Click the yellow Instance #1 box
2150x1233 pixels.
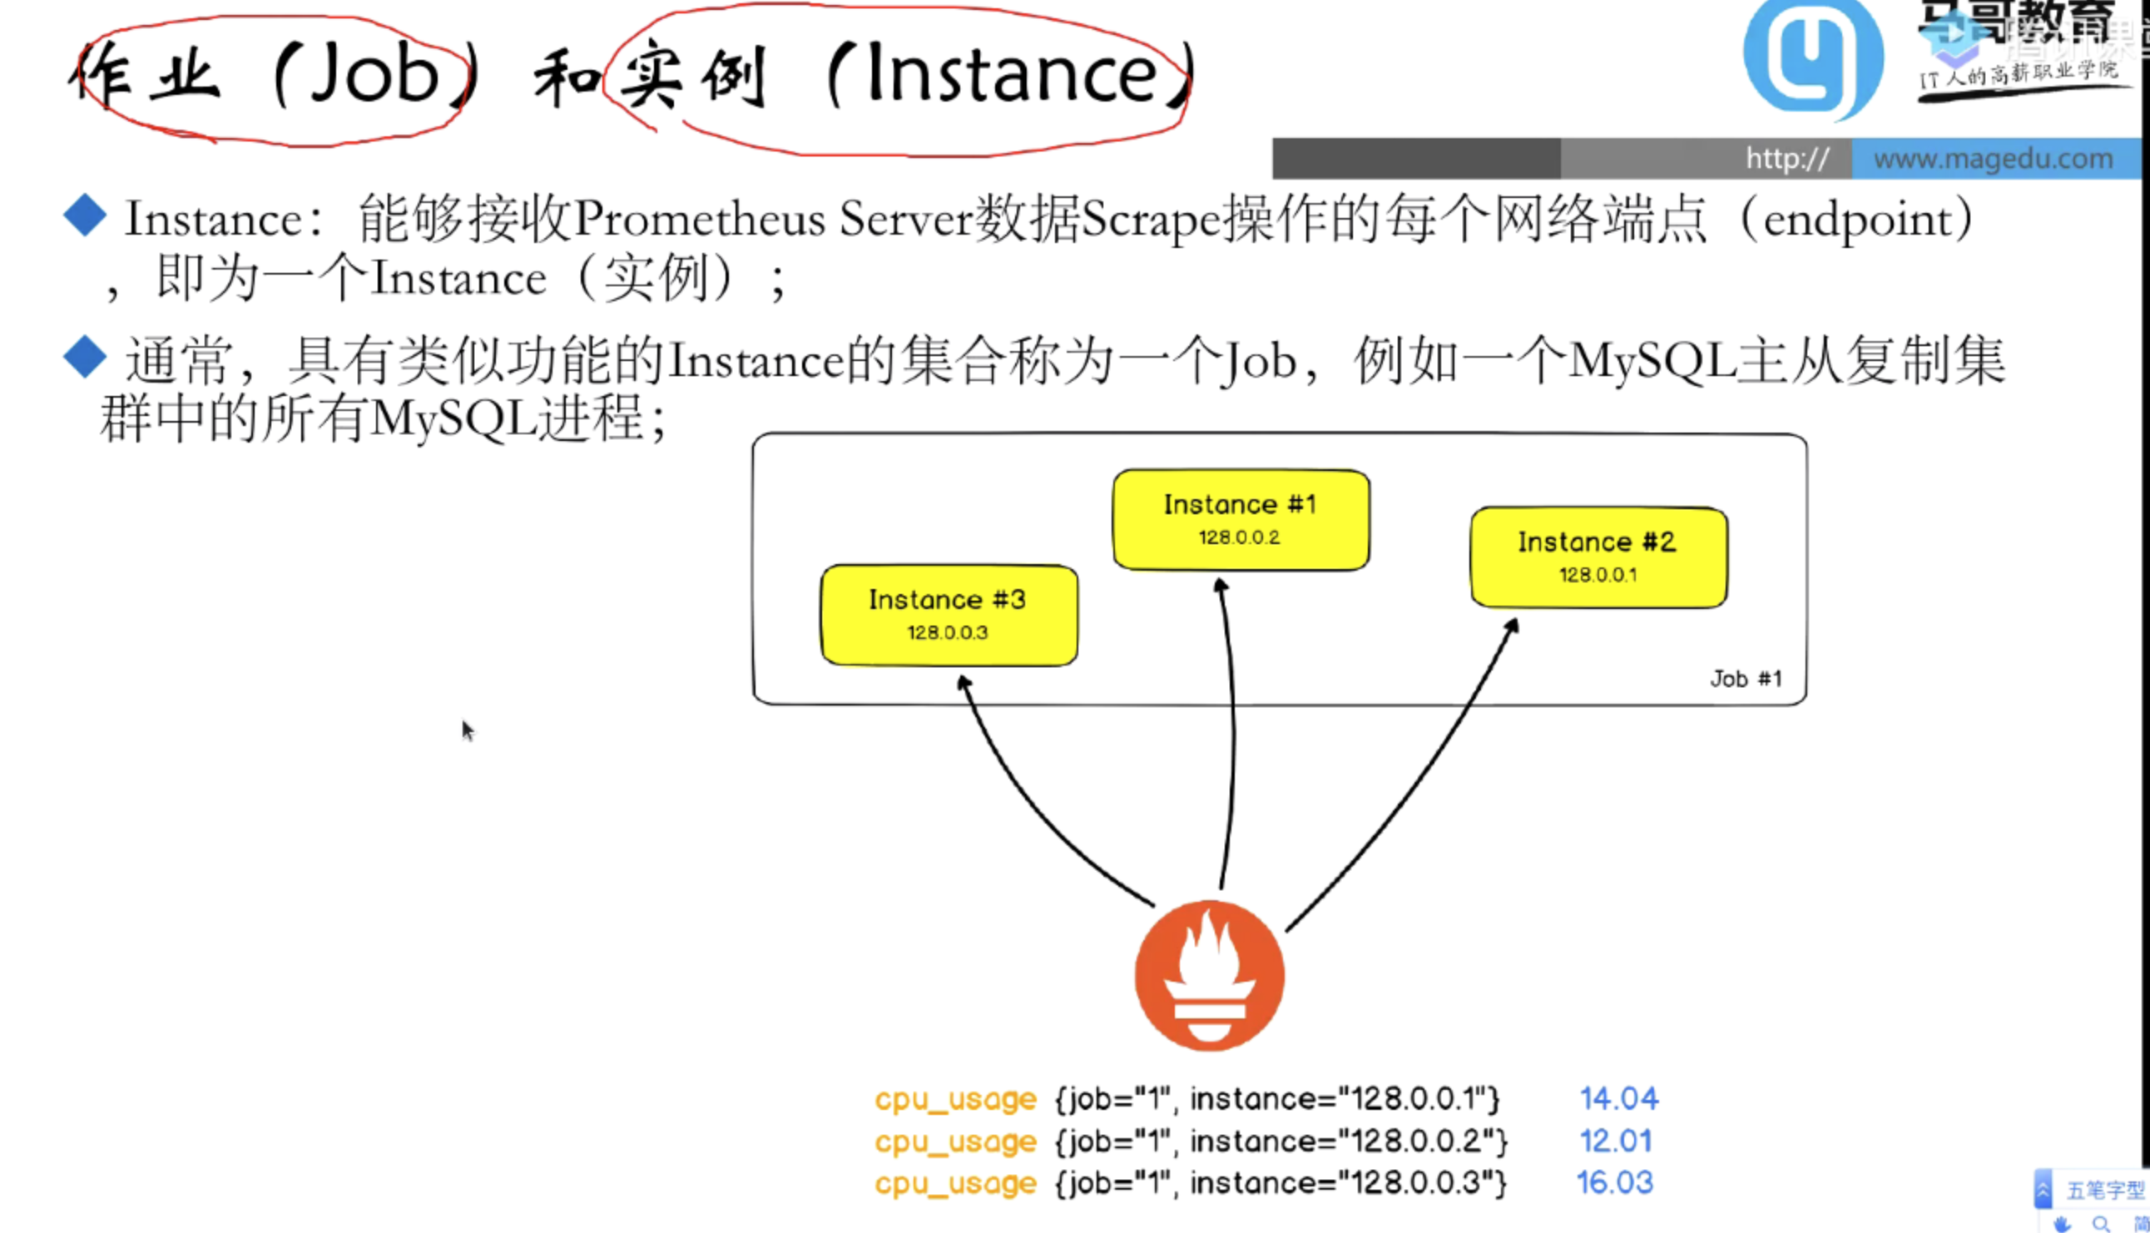1241,519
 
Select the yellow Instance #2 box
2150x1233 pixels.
1598,557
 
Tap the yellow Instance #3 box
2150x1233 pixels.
949,615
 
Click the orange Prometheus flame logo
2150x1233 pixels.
1209,976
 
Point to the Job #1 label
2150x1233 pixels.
1746,679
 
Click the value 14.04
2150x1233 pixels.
1618,1098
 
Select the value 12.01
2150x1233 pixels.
1615,1141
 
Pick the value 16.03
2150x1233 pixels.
1614,1182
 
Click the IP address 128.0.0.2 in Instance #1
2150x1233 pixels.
1239,537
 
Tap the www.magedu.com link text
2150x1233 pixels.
1993,158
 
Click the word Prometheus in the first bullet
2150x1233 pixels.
700,220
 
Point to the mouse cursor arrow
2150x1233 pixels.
467,729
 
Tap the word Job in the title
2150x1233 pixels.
374,75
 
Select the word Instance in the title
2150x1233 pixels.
1011,75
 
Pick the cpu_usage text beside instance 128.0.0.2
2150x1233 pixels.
955,1141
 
